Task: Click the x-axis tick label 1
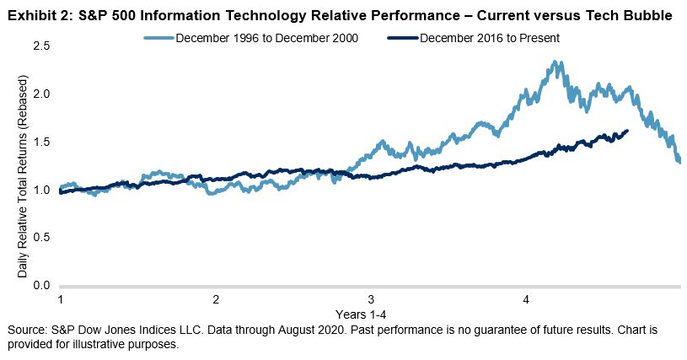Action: click(x=61, y=300)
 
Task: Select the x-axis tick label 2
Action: click(x=216, y=300)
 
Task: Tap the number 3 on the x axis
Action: click(x=371, y=300)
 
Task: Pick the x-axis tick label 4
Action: click(x=526, y=300)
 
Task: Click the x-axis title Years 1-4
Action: click(x=371, y=313)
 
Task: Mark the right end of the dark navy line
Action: click(x=626, y=131)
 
